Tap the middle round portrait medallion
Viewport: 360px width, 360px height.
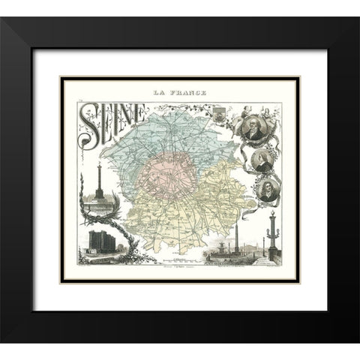coord(262,158)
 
